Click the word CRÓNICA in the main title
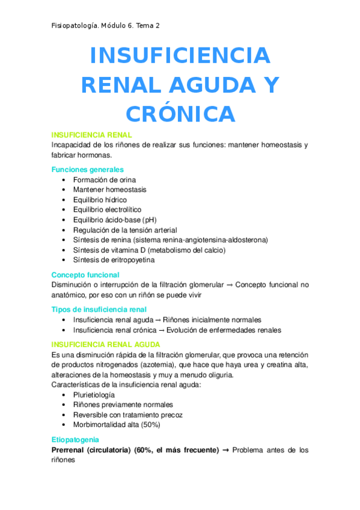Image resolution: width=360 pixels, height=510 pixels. coord(180,114)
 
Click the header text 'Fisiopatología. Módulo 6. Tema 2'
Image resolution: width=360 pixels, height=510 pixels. coord(106,25)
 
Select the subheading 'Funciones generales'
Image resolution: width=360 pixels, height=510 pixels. coord(88,170)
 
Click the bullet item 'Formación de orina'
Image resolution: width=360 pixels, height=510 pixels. coord(105,180)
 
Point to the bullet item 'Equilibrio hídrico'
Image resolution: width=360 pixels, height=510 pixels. coord(100,200)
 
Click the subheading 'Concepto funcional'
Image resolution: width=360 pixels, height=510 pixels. coord(85,275)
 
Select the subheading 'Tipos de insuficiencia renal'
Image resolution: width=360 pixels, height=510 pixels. coord(99,310)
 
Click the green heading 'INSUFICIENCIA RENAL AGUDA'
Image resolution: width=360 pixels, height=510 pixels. coord(106,345)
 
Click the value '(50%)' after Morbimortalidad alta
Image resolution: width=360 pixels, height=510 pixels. coord(151,425)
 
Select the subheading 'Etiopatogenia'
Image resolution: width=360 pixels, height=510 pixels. coord(75,440)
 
